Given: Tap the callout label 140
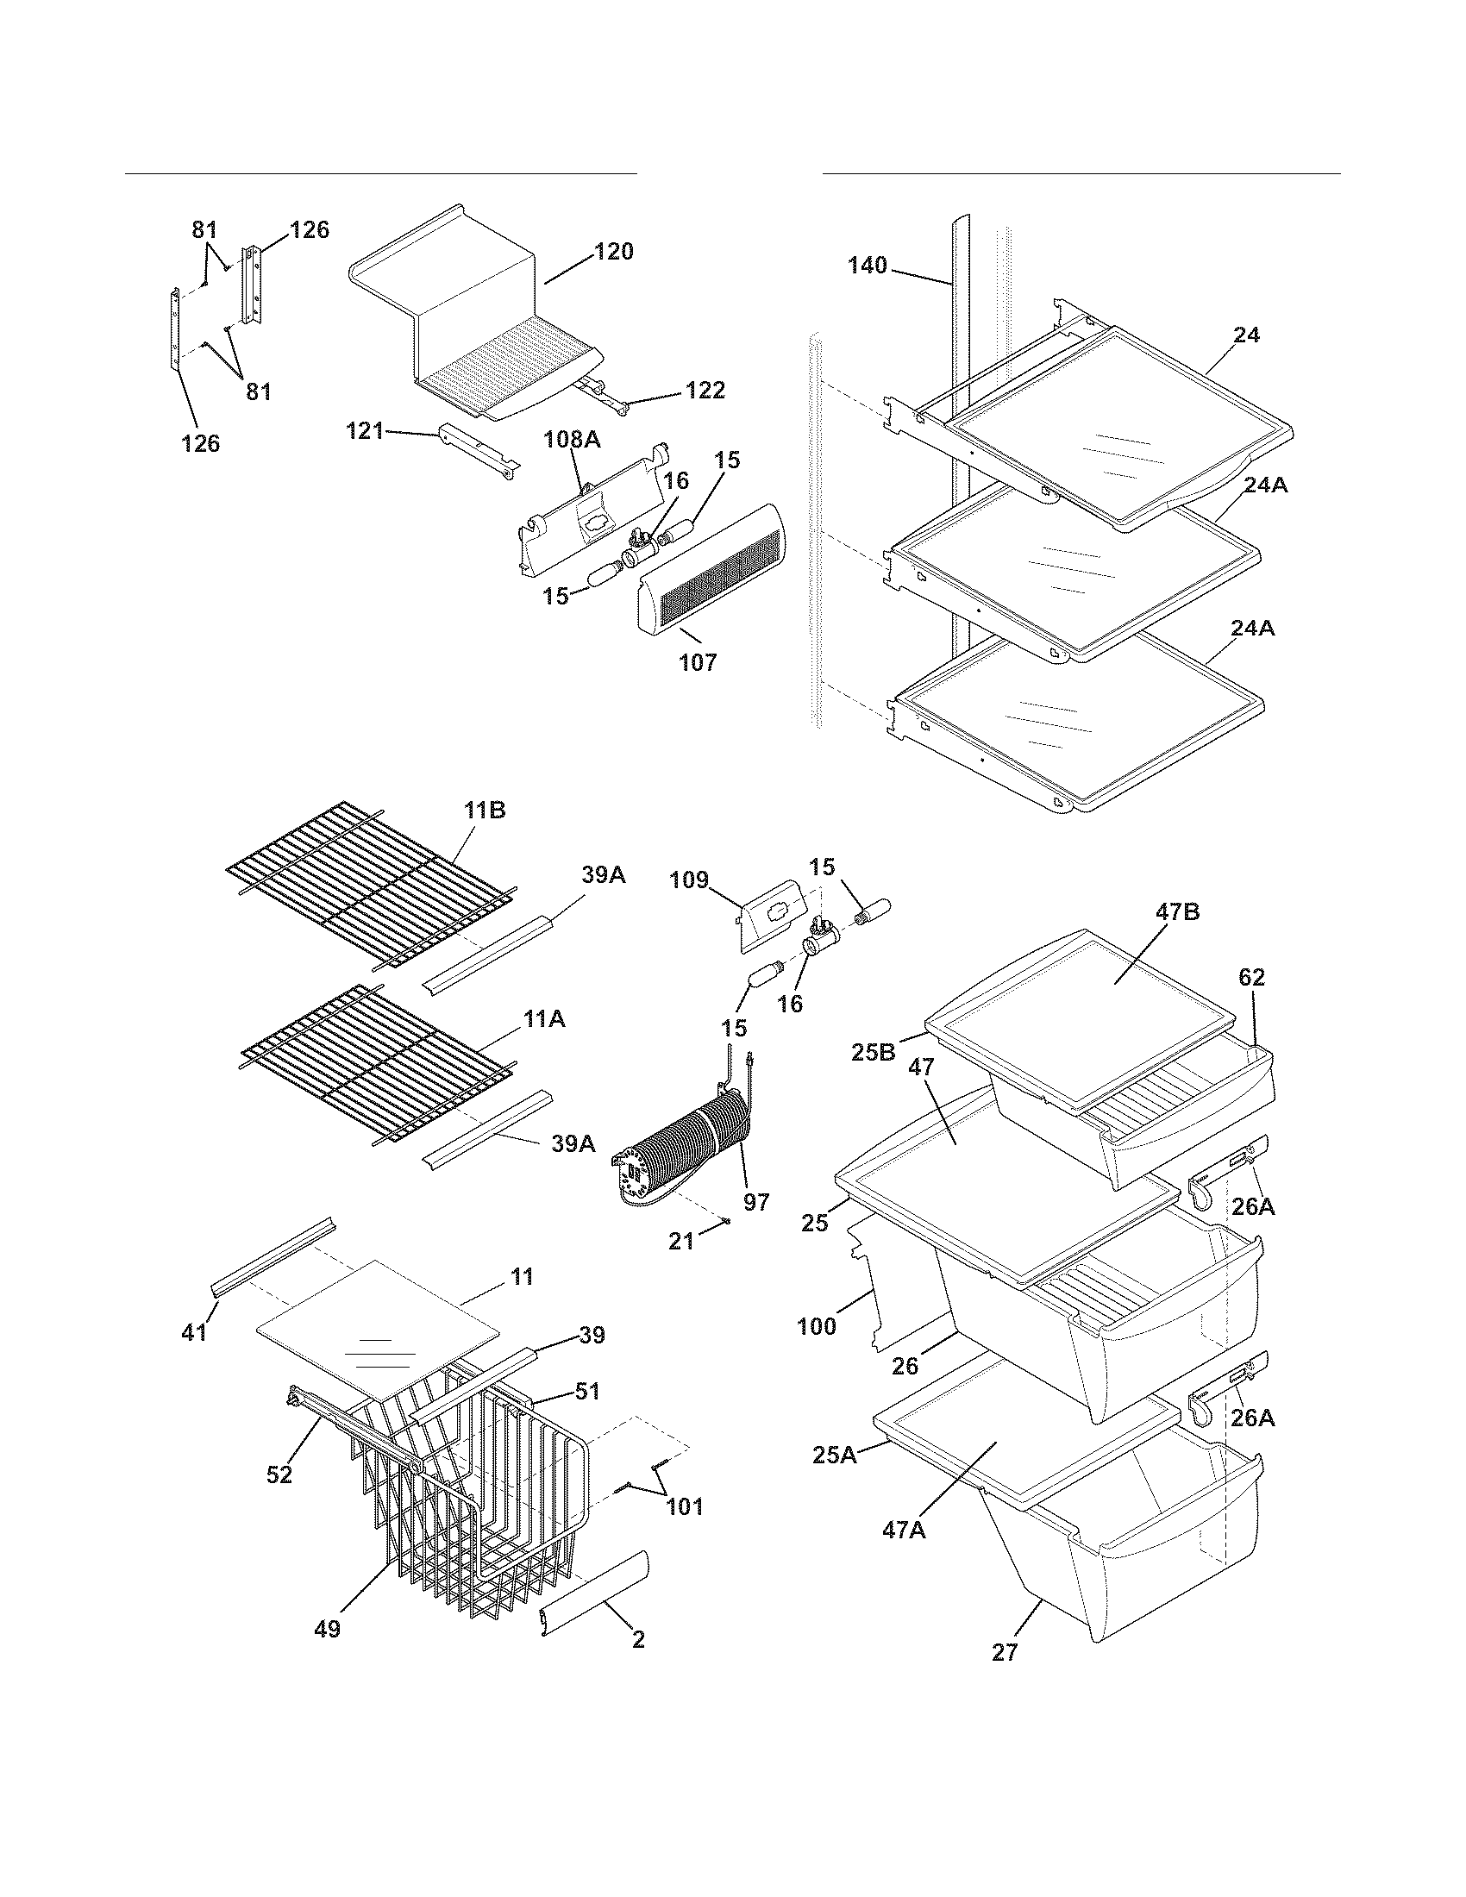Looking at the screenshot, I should tap(868, 265).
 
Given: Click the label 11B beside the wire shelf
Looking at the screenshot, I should tap(485, 811).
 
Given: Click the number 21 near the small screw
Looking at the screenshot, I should tap(681, 1242).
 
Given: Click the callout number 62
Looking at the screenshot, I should tap(1251, 977).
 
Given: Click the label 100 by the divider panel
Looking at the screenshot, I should tap(818, 1326).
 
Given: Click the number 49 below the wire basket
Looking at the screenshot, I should tap(328, 1631).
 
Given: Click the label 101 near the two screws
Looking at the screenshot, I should tap(685, 1506).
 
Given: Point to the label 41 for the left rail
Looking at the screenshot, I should tap(194, 1331).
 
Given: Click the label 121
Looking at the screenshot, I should tap(365, 431).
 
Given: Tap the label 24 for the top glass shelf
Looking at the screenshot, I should tap(1246, 335).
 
